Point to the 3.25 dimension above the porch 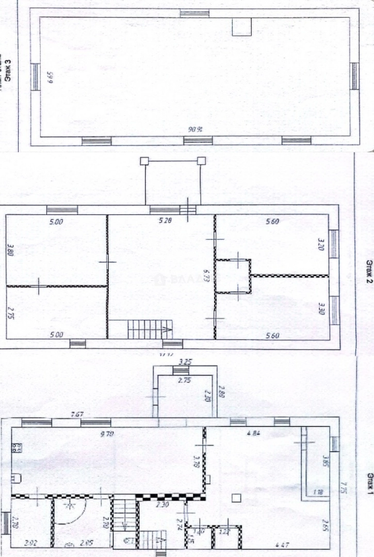coord(184,363)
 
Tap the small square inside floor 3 coord(241,27)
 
